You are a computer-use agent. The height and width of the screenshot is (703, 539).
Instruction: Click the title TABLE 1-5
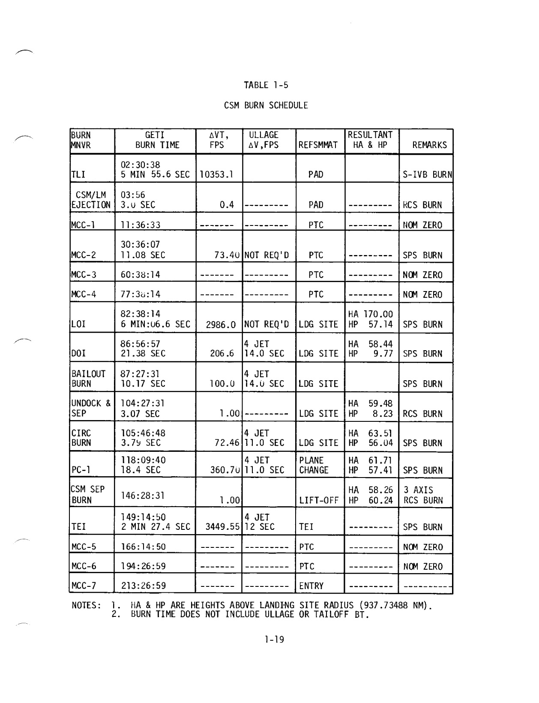point(266,85)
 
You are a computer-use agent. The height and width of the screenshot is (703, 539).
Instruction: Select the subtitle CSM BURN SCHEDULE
point(266,105)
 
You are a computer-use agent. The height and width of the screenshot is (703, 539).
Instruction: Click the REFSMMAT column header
point(318,145)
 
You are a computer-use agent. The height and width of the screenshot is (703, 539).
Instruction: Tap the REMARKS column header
point(429,145)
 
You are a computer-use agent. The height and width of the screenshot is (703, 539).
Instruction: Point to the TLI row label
point(78,174)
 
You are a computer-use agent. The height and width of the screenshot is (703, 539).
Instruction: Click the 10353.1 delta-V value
point(216,174)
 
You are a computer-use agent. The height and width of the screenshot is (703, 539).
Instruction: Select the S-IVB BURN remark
point(427,174)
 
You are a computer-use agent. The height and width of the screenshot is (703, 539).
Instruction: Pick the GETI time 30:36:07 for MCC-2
point(140,245)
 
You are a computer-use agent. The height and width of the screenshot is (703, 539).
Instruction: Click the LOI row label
point(78,324)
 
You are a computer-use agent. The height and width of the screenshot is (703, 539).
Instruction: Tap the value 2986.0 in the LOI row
point(221,324)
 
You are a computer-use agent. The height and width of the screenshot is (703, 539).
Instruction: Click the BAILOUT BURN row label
point(88,379)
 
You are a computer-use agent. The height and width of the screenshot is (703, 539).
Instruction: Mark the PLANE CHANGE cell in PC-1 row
point(314,465)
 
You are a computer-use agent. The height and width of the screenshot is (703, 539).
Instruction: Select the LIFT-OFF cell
point(319,500)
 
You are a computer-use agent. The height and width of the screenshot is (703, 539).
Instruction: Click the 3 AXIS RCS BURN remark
point(423,495)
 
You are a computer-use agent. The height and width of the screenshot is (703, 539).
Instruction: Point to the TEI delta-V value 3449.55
point(222,527)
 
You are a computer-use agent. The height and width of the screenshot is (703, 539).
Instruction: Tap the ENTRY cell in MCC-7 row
point(311,586)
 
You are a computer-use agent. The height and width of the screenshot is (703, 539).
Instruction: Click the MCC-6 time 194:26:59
point(143,566)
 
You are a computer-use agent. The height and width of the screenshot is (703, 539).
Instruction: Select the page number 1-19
point(275,640)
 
